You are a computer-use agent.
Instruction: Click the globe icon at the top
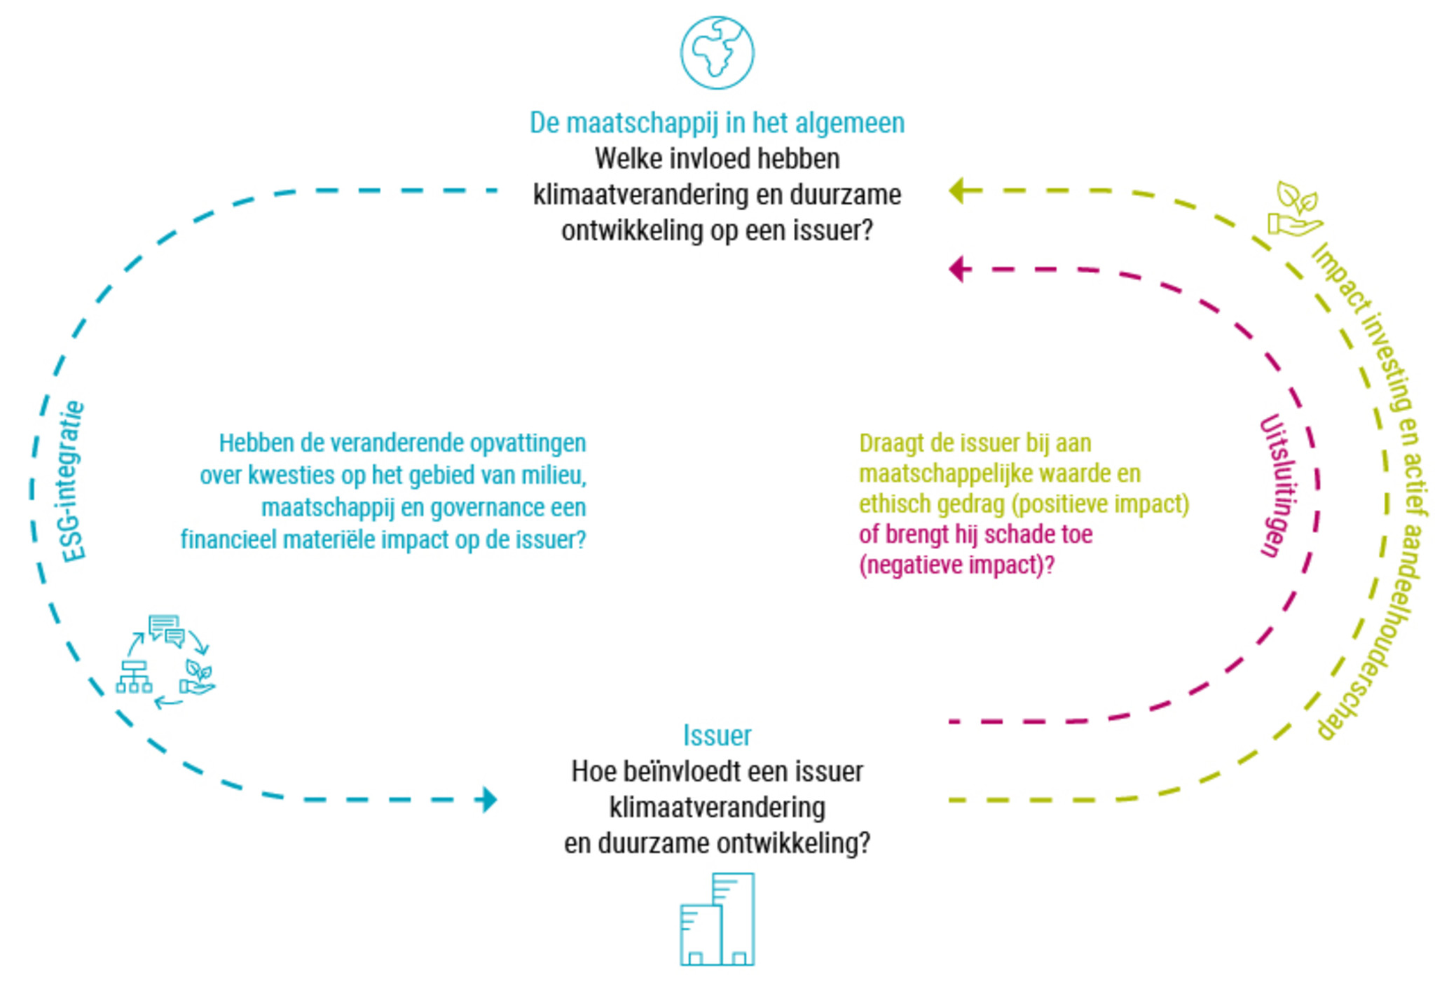click(717, 53)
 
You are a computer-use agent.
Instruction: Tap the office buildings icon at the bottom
click(717, 919)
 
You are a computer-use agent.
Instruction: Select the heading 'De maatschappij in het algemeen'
click(717, 123)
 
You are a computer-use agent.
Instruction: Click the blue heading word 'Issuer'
click(717, 735)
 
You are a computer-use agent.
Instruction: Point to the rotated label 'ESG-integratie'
click(73, 481)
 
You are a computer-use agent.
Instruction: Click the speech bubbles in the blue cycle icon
click(166, 630)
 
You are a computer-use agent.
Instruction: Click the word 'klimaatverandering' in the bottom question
click(717, 807)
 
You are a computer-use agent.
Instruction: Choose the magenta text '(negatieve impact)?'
click(956, 565)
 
